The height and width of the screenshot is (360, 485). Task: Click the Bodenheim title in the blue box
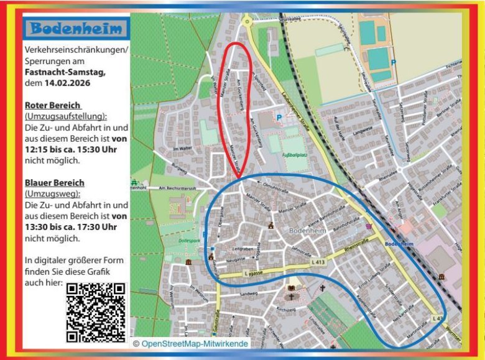[78, 29]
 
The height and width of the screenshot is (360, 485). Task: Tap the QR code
[96, 312]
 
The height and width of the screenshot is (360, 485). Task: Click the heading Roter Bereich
[53, 105]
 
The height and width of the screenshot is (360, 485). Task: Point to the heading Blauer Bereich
[55, 183]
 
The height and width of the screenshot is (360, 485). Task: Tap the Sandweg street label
[249, 292]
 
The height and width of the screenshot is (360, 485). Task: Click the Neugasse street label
[236, 261]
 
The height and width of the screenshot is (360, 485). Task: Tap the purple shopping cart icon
[369, 228]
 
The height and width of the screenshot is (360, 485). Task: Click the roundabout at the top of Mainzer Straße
[247, 23]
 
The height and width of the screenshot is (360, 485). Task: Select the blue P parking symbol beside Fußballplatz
[279, 116]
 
